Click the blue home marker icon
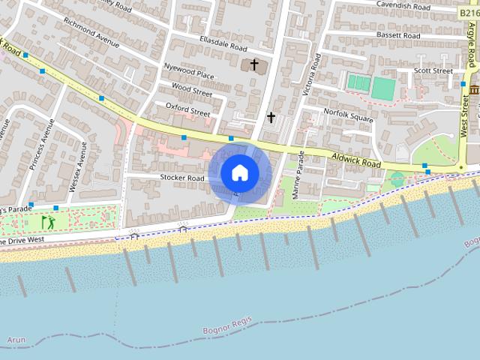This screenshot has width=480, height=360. [240, 173]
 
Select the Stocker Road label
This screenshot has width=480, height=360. [182, 178]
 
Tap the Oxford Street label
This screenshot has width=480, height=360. [187, 109]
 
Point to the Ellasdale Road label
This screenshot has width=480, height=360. [223, 43]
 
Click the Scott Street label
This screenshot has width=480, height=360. [434, 70]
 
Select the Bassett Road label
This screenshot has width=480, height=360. [397, 35]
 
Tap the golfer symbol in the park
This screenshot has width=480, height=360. [47, 222]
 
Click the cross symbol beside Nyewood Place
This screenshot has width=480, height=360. [253, 65]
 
